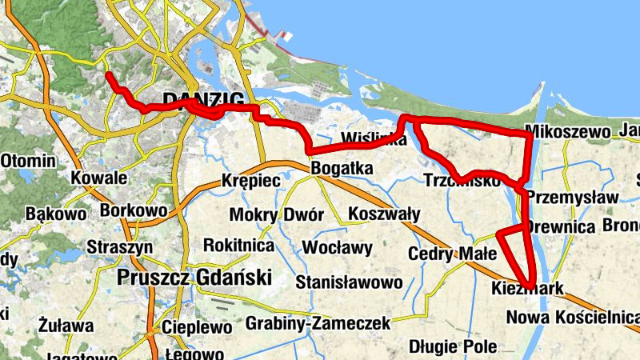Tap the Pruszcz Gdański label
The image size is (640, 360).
194,278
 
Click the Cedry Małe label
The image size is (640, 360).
453,254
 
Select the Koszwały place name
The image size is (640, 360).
384,214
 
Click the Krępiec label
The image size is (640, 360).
251,181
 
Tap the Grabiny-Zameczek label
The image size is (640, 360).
318,323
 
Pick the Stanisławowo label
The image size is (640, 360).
349,282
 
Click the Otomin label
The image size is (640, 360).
29,160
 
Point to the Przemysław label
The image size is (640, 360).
574,198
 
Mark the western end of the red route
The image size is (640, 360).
108,75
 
